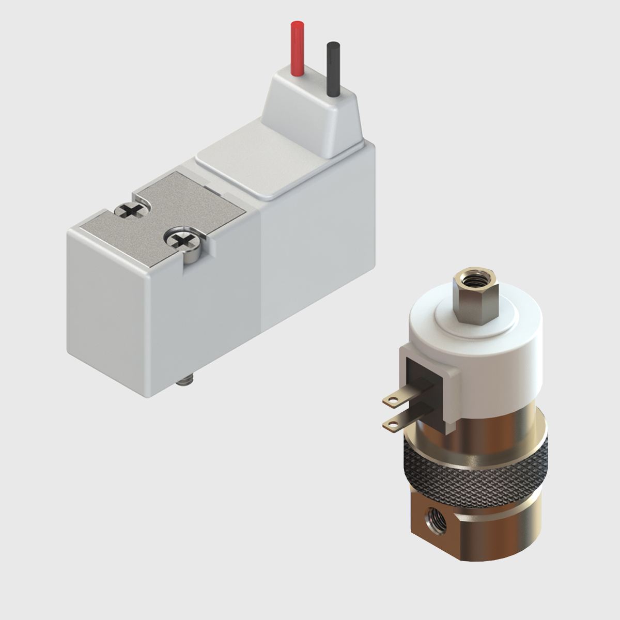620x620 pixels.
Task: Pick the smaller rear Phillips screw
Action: click(130, 210)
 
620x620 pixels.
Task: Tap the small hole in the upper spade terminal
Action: click(391, 399)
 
